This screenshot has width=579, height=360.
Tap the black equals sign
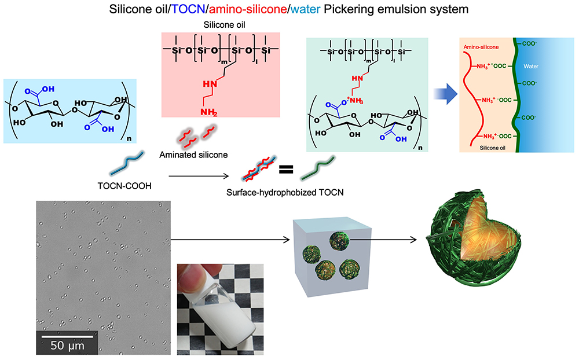click(285, 170)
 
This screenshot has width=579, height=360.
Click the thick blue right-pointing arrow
click(444, 92)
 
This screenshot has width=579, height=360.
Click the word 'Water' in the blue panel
click(531, 67)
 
